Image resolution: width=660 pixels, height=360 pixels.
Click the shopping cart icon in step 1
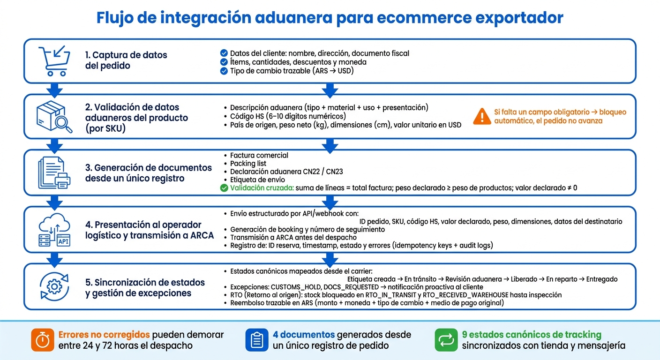click(x=54, y=60)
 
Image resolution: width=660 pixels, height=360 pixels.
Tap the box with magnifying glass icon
click(x=54, y=117)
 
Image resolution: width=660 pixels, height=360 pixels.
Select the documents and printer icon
click(x=54, y=173)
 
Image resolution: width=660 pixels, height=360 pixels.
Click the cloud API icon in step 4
click(x=54, y=230)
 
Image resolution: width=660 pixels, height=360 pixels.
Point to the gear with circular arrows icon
click(x=54, y=287)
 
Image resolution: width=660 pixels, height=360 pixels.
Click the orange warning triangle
click(x=482, y=116)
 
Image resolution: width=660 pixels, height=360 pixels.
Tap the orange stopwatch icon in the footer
click(x=43, y=340)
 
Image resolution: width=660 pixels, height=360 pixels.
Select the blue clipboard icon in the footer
click(x=256, y=340)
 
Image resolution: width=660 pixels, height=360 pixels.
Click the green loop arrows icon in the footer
click(x=446, y=340)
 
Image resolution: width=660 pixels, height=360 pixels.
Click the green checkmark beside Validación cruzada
click(x=224, y=188)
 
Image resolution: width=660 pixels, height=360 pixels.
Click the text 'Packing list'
click(x=248, y=164)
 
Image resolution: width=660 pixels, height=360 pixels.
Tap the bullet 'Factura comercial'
click(x=259, y=155)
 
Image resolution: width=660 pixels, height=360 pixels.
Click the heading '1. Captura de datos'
click(x=126, y=55)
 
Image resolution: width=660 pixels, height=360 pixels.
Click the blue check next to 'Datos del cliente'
click(x=224, y=53)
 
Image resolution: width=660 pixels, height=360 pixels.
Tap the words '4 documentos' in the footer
click(x=303, y=335)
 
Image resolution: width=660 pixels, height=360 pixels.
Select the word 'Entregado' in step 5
click(x=602, y=279)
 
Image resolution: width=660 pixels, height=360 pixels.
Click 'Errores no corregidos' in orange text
click(x=104, y=335)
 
